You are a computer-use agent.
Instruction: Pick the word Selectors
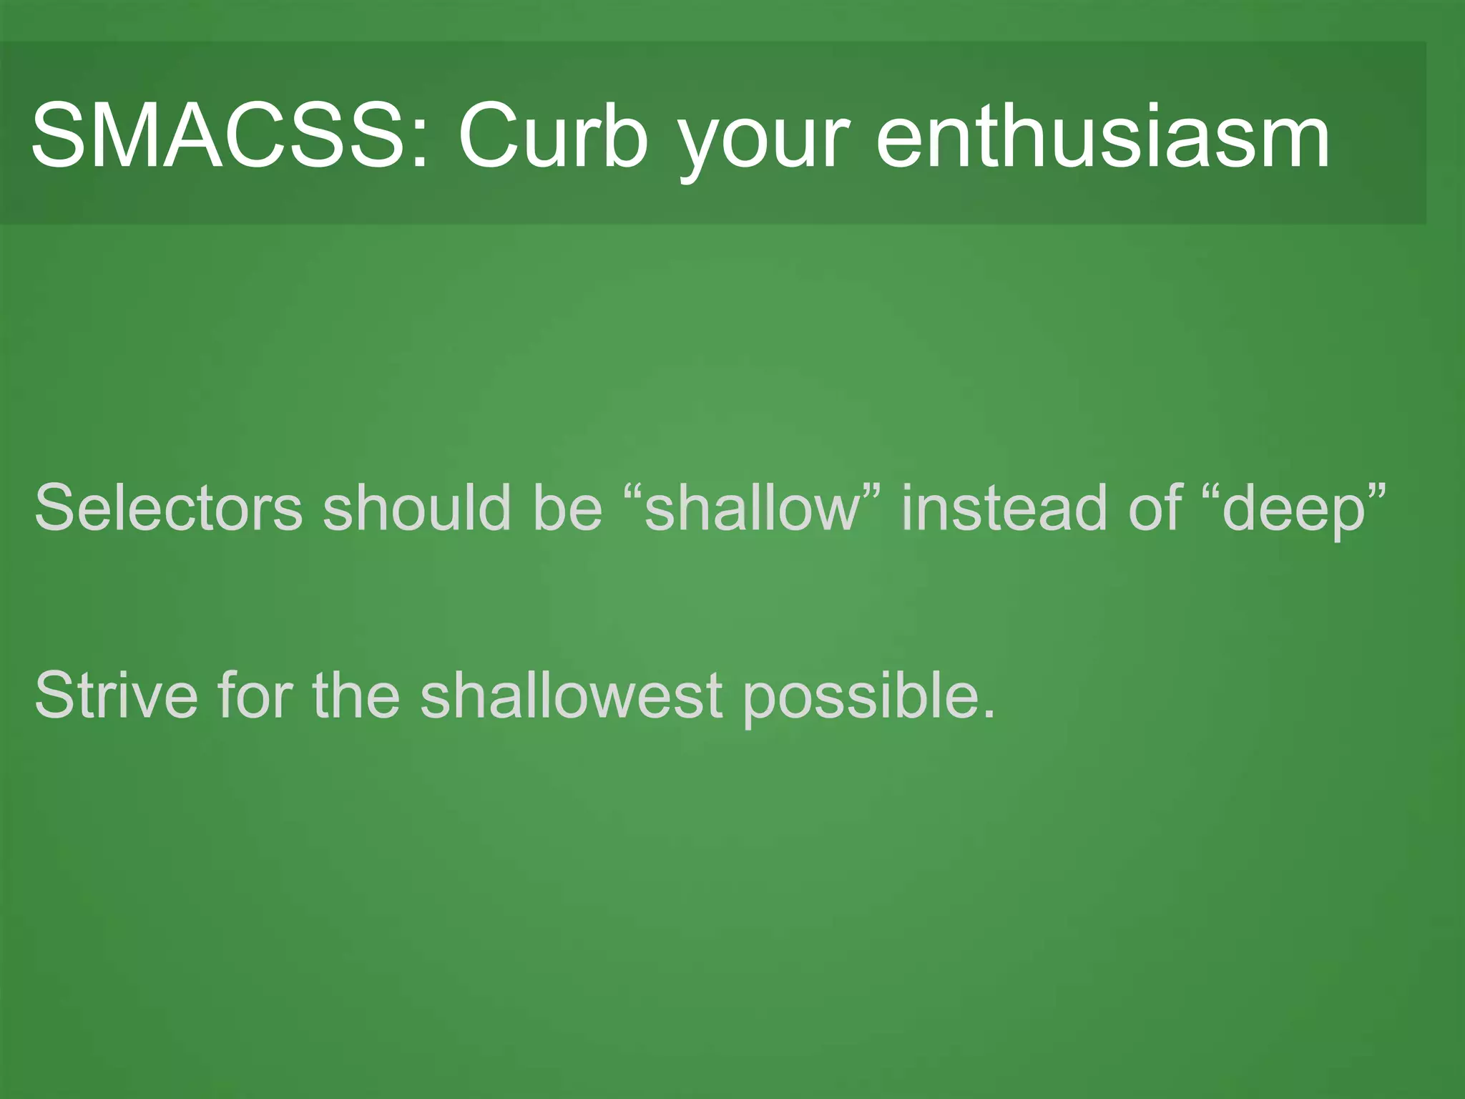(169, 508)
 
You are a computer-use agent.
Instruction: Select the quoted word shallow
(751, 508)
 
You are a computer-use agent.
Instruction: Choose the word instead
(1004, 508)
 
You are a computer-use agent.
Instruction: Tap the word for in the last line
(255, 695)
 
